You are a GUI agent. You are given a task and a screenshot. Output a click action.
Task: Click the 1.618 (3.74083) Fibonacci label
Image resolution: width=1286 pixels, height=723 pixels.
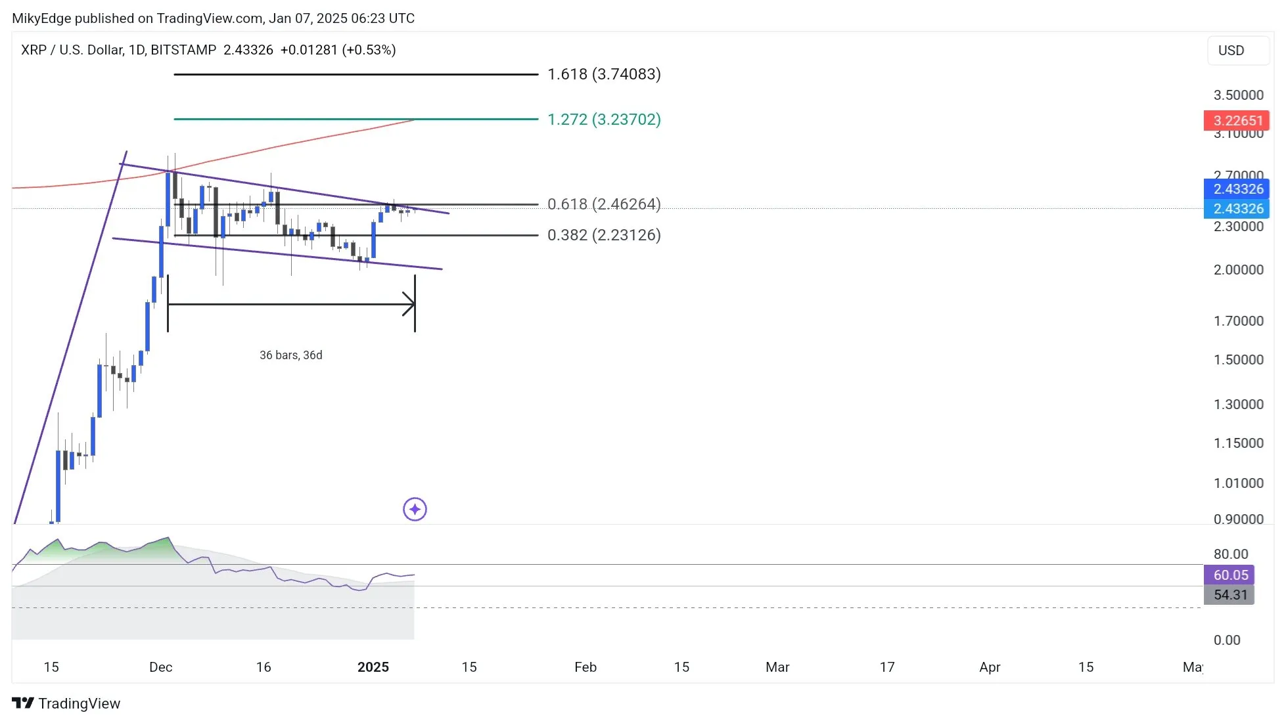603,74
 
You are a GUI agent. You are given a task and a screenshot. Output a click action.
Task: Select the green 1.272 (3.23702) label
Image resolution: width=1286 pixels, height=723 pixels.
603,120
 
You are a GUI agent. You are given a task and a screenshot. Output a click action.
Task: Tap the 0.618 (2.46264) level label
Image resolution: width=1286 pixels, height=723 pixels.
603,204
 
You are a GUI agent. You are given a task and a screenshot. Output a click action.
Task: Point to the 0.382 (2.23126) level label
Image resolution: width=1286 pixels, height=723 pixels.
603,235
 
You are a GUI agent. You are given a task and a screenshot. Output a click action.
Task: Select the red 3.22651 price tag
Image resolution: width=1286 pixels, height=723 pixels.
1236,121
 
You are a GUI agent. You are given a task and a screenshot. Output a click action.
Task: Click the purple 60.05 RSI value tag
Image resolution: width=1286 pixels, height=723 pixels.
1229,575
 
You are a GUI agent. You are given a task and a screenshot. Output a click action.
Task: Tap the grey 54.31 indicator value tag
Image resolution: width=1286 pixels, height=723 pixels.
1229,595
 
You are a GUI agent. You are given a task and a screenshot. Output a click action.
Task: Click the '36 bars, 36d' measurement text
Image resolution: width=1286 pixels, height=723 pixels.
290,355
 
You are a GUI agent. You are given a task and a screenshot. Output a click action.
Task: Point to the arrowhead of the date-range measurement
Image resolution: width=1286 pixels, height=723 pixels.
411,304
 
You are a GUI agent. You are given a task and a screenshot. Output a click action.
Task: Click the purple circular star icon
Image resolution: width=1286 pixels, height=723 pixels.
415,510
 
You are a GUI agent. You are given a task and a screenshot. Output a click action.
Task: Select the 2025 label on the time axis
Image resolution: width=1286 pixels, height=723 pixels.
373,667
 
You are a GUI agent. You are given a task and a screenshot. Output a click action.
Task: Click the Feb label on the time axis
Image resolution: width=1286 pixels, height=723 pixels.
585,667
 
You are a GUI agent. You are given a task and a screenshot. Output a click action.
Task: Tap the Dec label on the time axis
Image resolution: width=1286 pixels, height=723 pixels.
160,667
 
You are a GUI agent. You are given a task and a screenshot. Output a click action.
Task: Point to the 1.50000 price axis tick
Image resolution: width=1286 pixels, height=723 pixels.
1238,360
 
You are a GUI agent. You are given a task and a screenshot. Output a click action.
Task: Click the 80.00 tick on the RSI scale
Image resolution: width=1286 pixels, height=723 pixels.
1230,554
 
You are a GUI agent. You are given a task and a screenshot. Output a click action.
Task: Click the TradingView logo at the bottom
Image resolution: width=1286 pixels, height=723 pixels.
66,703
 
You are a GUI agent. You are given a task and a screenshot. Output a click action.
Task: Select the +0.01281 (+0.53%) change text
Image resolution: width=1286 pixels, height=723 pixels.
337,50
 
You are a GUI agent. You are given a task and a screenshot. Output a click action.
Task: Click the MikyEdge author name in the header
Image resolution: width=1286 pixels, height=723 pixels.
41,18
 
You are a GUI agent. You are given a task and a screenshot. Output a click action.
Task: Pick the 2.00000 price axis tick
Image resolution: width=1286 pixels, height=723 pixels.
1238,270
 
